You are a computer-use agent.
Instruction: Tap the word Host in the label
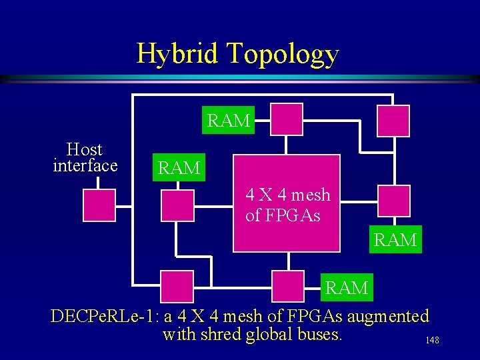click(x=85, y=149)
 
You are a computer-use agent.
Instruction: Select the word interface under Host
click(x=85, y=165)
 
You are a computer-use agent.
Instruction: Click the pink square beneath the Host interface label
click(x=99, y=205)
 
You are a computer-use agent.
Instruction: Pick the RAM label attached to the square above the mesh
click(x=229, y=121)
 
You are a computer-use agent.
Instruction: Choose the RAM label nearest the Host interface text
click(x=179, y=169)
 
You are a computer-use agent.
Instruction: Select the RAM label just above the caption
click(x=346, y=288)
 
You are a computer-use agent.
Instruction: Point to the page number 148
click(x=432, y=341)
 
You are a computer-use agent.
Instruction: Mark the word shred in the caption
click(x=222, y=334)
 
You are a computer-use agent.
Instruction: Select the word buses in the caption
click(x=319, y=334)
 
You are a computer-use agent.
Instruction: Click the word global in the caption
click(x=269, y=334)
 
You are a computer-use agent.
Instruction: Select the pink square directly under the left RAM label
click(x=178, y=205)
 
